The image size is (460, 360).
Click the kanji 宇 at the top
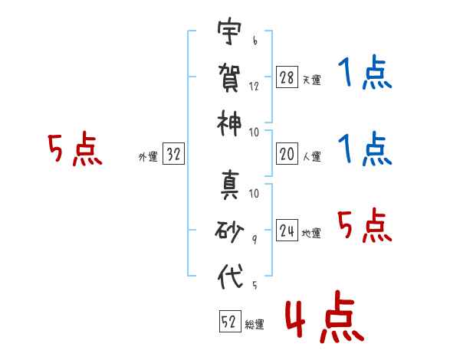point(229,31)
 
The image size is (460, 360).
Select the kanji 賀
point(229,77)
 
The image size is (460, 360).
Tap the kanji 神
point(229,124)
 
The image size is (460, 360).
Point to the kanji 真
point(230,185)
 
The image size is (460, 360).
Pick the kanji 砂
point(229,231)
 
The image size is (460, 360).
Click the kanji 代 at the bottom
point(231,277)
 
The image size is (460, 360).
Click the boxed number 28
point(287,77)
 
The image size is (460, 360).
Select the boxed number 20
point(287,154)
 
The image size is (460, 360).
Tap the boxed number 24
point(287,230)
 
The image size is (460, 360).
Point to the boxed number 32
point(173,153)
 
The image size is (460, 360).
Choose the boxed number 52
point(230,321)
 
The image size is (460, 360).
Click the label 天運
point(312,80)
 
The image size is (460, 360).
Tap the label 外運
point(148,156)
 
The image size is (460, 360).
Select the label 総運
point(255,324)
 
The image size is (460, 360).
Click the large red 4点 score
point(324,316)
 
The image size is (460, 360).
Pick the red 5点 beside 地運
point(365,225)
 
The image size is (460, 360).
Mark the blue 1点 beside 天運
point(365,72)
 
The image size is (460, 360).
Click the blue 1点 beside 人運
point(365,149)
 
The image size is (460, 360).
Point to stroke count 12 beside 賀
point(254,87)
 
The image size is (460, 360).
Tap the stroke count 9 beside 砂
point(255,240)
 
